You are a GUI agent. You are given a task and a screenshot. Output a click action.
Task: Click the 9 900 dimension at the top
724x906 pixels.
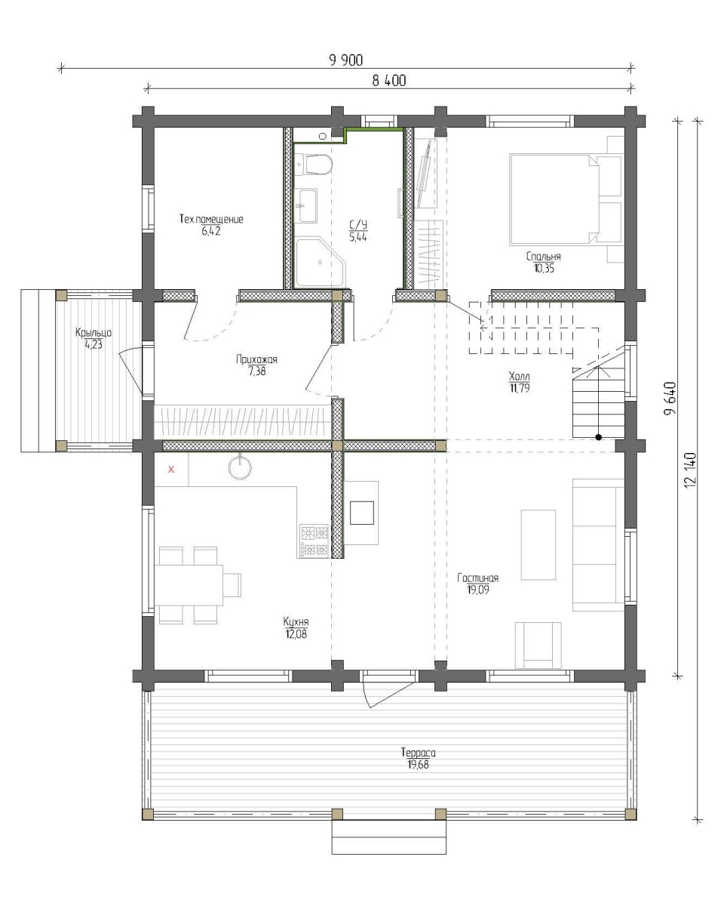point(346,60)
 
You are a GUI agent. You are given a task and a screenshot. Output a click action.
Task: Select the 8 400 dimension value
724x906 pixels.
point(389,81)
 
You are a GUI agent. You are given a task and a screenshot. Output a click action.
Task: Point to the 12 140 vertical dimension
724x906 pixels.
point(690,470)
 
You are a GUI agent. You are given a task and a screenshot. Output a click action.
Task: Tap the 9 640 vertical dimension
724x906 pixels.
point(670,399)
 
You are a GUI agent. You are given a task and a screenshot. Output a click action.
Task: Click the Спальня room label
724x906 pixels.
point(543,257)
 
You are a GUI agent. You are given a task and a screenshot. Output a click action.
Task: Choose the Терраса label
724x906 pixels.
point(418,752)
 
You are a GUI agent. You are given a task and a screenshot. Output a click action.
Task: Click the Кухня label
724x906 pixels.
point(296,621)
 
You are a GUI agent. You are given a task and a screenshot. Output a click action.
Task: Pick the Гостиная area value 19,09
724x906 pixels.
point(478,590)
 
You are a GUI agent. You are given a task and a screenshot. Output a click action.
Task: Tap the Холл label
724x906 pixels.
point(519,376)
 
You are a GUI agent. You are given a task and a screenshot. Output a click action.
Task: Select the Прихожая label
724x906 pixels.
point(256,359)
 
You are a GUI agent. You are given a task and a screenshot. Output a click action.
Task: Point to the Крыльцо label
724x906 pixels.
point(94,333)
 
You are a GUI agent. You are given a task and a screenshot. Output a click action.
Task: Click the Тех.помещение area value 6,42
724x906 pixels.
point(210,231)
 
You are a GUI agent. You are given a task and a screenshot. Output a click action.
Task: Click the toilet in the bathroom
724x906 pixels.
point(314,165)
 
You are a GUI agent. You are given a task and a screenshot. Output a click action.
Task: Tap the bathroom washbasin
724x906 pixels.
point(308,205)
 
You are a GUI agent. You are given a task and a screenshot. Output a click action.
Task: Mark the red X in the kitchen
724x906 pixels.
point(170,469)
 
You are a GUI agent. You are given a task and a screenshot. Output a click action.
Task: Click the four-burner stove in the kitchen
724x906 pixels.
point(313,541)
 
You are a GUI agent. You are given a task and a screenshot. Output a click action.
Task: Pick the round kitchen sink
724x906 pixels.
point(240,468)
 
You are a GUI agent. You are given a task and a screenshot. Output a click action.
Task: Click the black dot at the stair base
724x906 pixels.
point(598,437)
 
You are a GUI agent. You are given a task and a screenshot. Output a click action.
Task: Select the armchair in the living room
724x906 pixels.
point(538,646)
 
